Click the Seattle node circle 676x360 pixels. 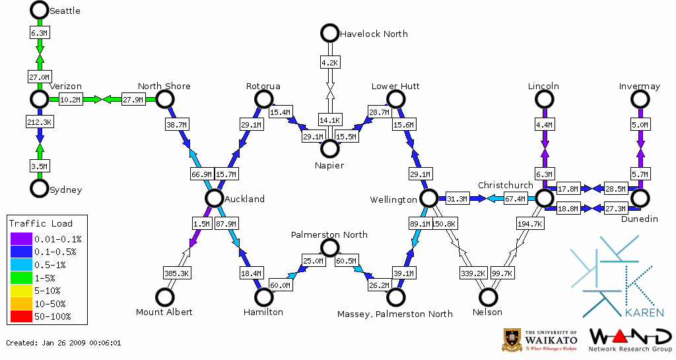[40, 10]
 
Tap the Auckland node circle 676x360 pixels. [213, 198]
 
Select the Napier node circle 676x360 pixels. [329, 148]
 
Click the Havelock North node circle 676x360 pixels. [329, 33]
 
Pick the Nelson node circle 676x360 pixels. [488, 297]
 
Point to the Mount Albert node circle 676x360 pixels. [164, 297]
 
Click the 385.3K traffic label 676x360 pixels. [176, 272]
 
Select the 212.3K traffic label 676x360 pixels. [40, 122]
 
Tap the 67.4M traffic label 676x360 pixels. [515, 198]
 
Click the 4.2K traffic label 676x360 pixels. [329, 63]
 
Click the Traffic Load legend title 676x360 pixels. [41, 223]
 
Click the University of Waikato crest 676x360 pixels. [513, 340]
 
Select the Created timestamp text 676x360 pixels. [63, 343]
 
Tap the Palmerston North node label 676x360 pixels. [329, 234]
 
